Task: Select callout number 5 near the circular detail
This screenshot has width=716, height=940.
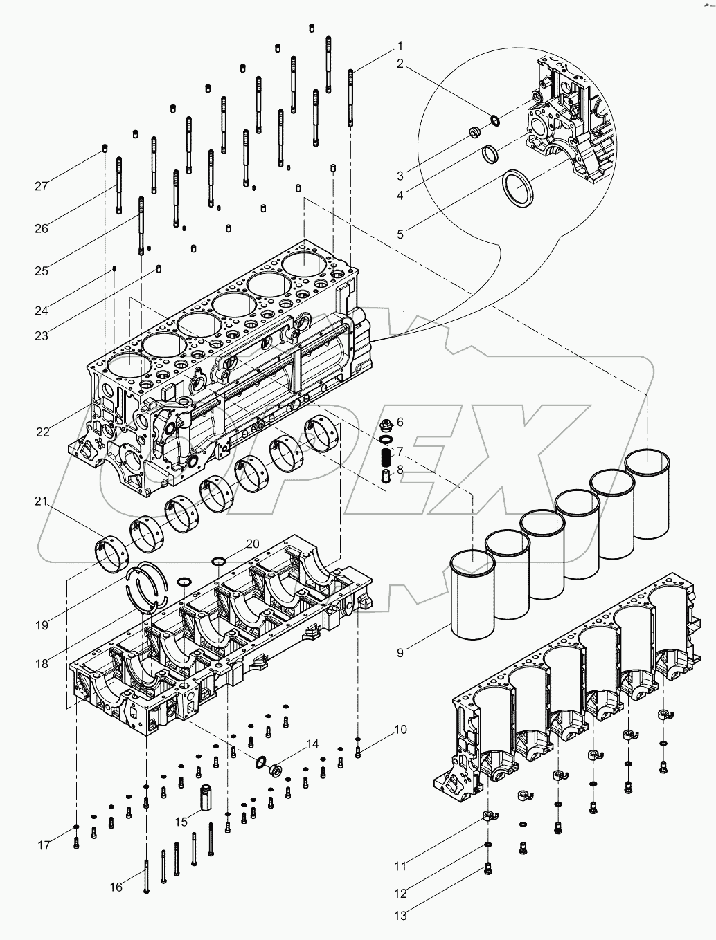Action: pyautogui.click(x=400, y=234)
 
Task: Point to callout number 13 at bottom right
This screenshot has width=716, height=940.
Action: pyautogui.click(x=400, y=916)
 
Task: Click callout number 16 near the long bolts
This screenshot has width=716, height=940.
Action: pyautogui.click(x=116, y=886)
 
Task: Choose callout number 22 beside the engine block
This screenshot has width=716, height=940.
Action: pyautogui.click(x=43, y=432)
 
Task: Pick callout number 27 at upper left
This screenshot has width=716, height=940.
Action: pyautogui.click(x=42, y=185)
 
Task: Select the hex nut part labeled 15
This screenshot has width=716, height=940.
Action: pyautogui.click(x=206, y=798)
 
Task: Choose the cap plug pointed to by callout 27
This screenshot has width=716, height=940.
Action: pyautogui.click(x=104, y=147)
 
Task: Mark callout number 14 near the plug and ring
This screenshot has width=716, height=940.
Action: pyautogui.click(x=312, y=744)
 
